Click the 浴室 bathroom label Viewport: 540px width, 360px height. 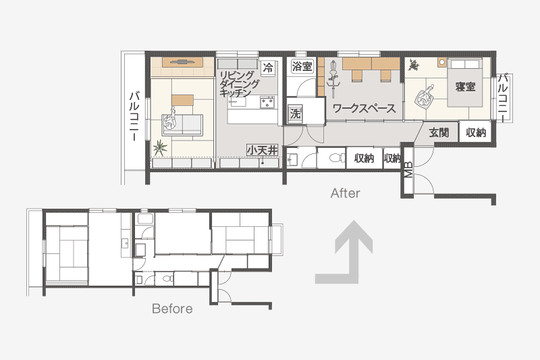(x=302, y=66)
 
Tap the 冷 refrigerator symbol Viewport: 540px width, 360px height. (x=267, y=67)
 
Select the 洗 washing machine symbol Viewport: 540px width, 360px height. (x=295, y=113)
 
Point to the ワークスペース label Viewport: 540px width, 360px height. (x=364, y=109)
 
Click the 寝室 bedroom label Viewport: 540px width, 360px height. (x=465, y=86)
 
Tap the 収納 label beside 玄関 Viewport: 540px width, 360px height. (x=476, y=132)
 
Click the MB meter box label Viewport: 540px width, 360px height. (x=408, y=169)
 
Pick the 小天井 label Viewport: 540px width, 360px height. (x=262, y=150)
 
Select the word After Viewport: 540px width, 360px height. (x=346, y=193)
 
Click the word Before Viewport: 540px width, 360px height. (x=172, y=309)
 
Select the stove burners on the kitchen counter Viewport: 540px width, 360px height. (x=267, y=103)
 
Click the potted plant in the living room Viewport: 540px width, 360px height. (x=160, y=149)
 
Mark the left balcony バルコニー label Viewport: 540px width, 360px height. (x=134, y=116)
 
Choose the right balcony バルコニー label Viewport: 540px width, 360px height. (x=503, y=97)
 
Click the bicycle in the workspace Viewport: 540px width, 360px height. (x=333, y=79)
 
